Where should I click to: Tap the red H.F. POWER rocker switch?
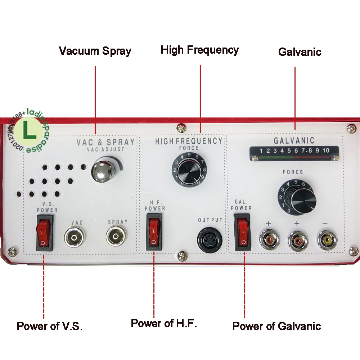[154, 232]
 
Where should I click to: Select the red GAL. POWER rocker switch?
[243, 232]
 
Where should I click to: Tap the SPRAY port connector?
[117, 237]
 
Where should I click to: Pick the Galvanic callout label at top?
[300, 52]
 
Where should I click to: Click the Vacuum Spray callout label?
[95, 51]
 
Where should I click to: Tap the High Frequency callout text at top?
[200, 50]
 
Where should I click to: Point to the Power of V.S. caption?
[50, 327]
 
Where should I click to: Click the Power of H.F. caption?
[164, 323]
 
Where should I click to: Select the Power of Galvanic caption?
[276, 326]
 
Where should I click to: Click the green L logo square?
[29, 131]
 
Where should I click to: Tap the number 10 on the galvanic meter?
[326, 150]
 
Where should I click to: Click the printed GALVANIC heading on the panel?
[294, 141]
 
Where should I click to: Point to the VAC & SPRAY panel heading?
[105, 142]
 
